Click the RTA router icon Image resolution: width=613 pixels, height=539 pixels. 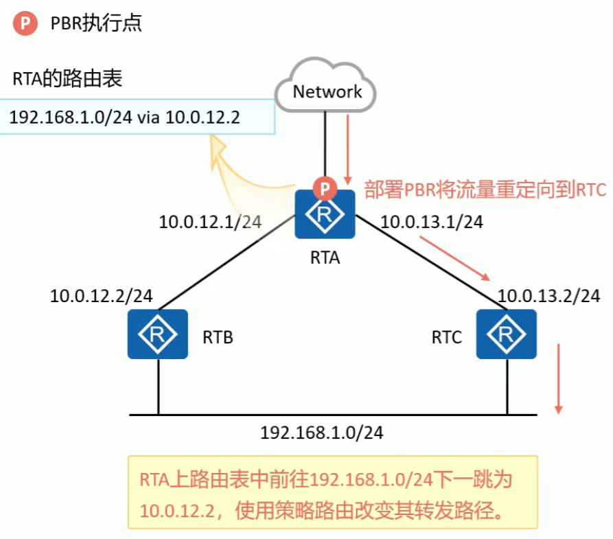tap(325, 214)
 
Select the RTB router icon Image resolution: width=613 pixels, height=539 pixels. tap(158, 334)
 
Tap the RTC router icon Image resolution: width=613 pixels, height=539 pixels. tap(507, 334)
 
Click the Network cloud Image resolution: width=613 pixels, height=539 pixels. tap(325, 85)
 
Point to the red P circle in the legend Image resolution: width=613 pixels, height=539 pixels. tap(25, 23)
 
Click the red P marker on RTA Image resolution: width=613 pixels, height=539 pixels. tap(325, 189)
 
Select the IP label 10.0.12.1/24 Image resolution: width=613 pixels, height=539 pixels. tap(210, 222)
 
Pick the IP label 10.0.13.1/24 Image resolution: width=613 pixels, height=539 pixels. tap(432, 222)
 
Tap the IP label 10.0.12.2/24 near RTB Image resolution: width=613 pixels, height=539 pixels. tap(102, 296)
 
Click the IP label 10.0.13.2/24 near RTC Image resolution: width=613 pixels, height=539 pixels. tap(548, 296)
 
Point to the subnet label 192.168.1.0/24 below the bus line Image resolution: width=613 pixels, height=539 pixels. tap(322, 432)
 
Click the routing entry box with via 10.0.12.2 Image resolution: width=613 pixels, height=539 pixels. tap(137, 117)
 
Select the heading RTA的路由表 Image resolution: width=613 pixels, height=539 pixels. tap(67, 78)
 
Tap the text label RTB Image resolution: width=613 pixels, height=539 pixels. tap(218, 337)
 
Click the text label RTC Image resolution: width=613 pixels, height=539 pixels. tap(446, 337)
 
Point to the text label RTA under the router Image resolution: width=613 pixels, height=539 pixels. tap(325, 257)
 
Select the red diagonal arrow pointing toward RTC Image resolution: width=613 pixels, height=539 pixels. tap(454, 258)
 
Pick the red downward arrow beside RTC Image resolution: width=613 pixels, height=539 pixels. tap(559, 378)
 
